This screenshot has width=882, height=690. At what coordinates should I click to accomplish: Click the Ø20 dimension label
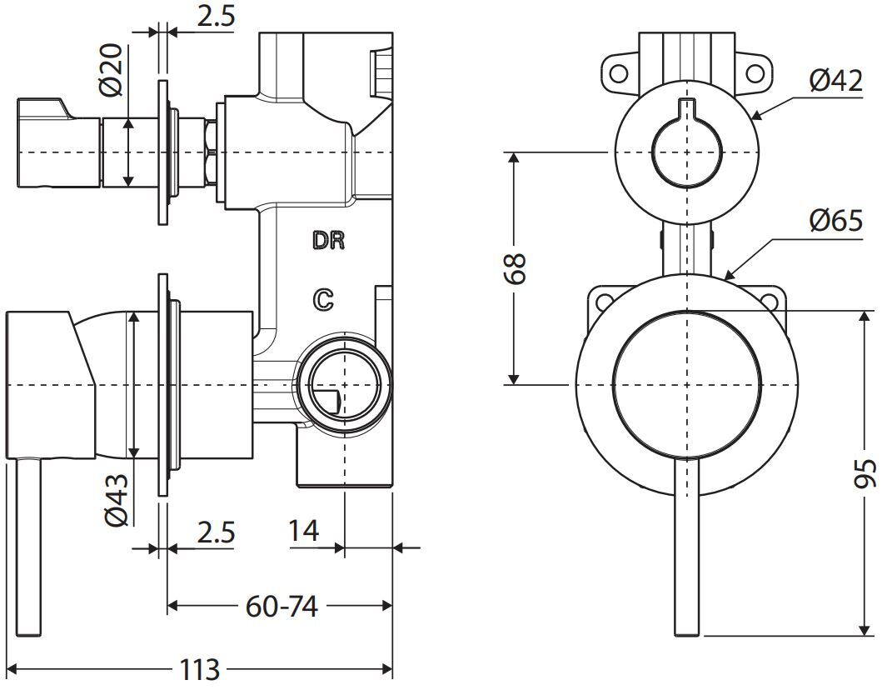pos(112,69)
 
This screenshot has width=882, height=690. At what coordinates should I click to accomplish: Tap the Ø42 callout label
pos(836,81)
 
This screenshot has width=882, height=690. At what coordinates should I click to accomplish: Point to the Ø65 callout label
pos(836,221)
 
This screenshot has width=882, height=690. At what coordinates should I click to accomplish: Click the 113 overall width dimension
pos(200,670)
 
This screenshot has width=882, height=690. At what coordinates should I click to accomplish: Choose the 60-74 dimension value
pos(282,606)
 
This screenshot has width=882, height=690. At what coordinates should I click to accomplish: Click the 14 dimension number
pos(303,530)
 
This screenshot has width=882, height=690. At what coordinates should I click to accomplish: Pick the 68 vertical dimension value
pos(514,268)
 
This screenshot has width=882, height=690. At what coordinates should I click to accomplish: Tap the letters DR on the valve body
pos(328,241)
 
